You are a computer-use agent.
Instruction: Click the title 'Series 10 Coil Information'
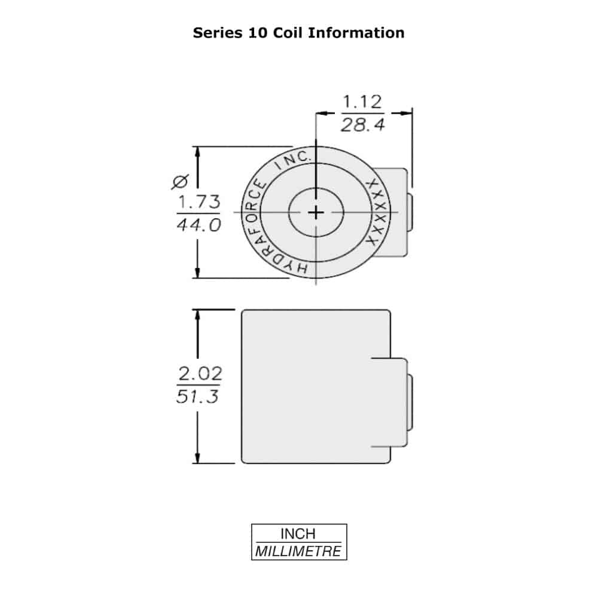pyautogui.click(x=298, y=33)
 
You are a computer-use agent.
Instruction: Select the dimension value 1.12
pyautogui.click(x=362, y=102)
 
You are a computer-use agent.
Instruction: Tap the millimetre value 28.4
pyautogui.click(x=363, y=125)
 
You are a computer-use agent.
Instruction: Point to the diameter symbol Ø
pyautogui.click(x=180, y=182)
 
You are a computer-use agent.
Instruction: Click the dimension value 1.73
pyautogui.click(x=199, y=202)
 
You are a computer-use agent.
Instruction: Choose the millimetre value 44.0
pyautogui.click(x=199, y=225)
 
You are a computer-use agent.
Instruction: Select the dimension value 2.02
pyautogui.click(x=200, y=373)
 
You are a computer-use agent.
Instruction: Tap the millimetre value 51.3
pyautogui.click(x=197, y=396)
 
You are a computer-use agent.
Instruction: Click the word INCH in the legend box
pyautogui.click(x=298, y=533)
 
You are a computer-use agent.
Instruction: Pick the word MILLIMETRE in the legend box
pyautogui.click(x=298, y=551)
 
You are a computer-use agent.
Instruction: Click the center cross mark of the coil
pyautogui.click(x=316, y=212)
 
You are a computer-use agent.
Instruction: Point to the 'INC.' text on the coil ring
pyautogui.click(x=293, y=160)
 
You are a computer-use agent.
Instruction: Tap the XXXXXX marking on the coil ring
pyautogui.click(x=377, y=212)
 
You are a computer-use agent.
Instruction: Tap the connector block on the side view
pyautogui.click(x=391, y=402)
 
